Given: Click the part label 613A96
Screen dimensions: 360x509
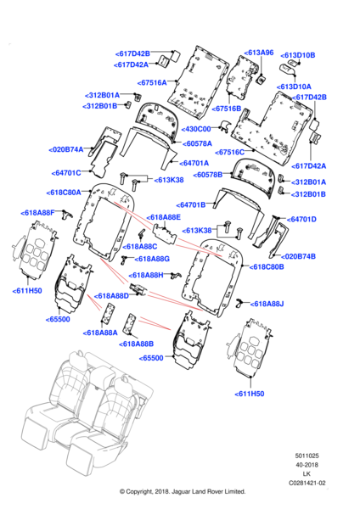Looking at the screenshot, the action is click(259, 53).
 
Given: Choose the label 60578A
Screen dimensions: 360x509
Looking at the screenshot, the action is click(197, 143).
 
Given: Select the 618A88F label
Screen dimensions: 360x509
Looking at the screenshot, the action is click(37, 213).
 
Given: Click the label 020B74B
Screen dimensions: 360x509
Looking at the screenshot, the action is click(298, 256).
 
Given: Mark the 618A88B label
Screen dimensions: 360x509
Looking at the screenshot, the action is click(137, 344).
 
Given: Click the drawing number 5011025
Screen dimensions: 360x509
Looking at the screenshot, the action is click(307, 456).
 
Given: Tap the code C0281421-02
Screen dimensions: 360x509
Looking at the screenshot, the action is click(307, 483).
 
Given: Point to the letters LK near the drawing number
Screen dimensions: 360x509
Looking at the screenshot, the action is click(307, 474).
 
